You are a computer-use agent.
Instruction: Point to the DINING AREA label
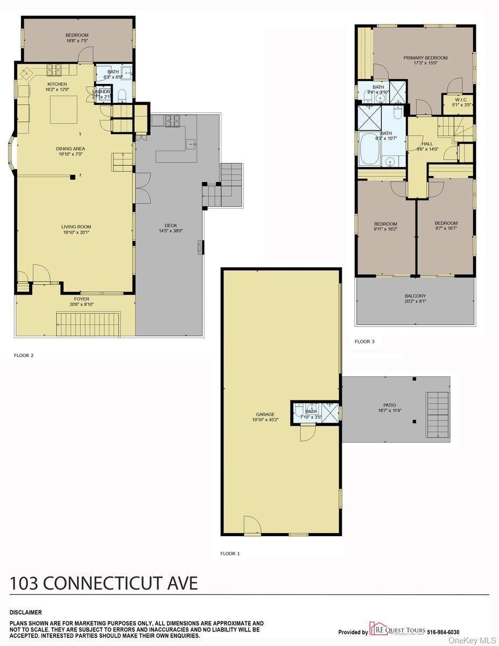click(x=71, y=149)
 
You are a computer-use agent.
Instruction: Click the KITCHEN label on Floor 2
click(x=57, y=84)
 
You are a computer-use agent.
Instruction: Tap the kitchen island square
click(x=64, y=110)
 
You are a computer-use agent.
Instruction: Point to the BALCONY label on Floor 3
click(x=415, y=296)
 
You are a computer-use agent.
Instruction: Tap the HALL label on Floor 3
click(x=427, y=144)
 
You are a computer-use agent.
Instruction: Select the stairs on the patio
click(x=438, y=415)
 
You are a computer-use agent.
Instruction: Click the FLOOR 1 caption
click(x=229, y=553)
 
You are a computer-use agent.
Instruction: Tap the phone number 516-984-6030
click(x=443, y=631)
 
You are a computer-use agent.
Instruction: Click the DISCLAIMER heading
click(x=25, y=612)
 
